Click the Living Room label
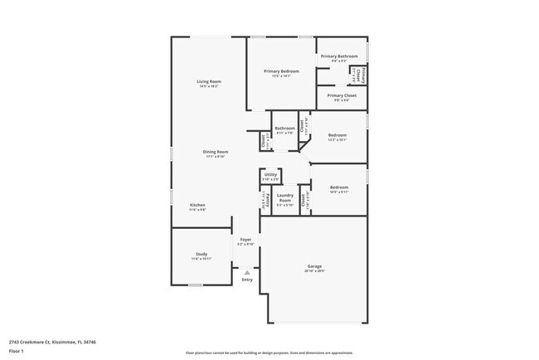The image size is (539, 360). click(208, 81)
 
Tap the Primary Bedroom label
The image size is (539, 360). click(281, 71)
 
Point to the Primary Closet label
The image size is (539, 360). click(341, 95)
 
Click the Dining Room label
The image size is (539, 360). click(216, 152)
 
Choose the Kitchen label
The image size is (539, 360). click(197, 205)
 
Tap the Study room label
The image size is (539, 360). click(202, 254)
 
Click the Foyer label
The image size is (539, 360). click(245, 240)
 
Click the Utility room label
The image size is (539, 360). click(270, 174)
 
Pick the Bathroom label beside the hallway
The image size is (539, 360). click(284, 128)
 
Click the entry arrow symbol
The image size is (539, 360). click(246, 272)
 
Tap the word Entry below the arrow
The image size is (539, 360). click(246, 280)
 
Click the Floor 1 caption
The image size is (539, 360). click(17, 350)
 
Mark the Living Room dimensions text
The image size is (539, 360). click(208, 85)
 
